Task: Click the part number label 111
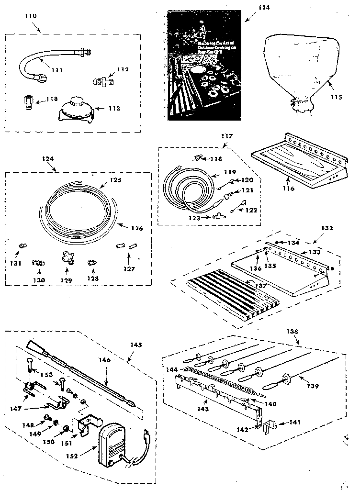(x=57, y=70)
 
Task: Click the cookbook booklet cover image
(x=203, y=67)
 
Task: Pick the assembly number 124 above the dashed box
(x=48, y=159)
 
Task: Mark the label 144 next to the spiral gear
(x=171, y=369)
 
